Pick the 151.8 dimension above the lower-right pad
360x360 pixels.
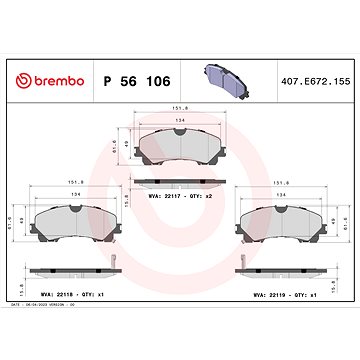(x=283, y=183)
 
